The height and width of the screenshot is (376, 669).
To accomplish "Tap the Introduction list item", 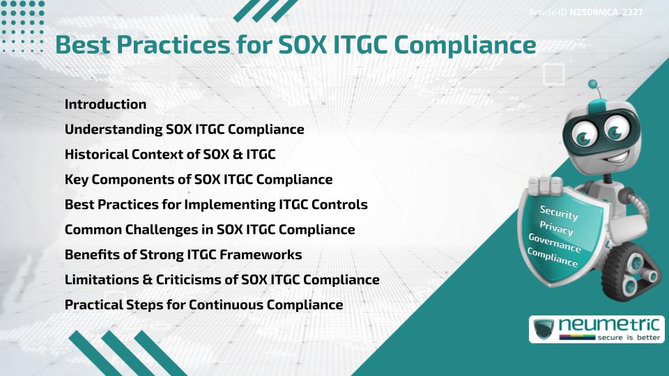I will [105, 104].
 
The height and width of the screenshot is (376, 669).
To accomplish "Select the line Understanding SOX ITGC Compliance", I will [184, 130].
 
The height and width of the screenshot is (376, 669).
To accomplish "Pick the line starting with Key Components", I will [198, 180].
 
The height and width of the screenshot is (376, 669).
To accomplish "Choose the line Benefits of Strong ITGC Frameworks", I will [183, 255].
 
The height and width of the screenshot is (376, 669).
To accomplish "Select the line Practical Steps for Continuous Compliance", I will [203, 305].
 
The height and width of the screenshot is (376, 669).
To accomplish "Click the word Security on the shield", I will [559, 212].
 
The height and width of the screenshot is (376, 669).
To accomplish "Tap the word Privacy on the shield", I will [556, 229].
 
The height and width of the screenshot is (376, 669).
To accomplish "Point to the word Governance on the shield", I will [555, 244].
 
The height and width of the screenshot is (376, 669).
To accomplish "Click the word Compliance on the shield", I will [553, 258].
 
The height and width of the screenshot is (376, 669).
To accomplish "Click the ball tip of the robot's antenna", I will [594, 85].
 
